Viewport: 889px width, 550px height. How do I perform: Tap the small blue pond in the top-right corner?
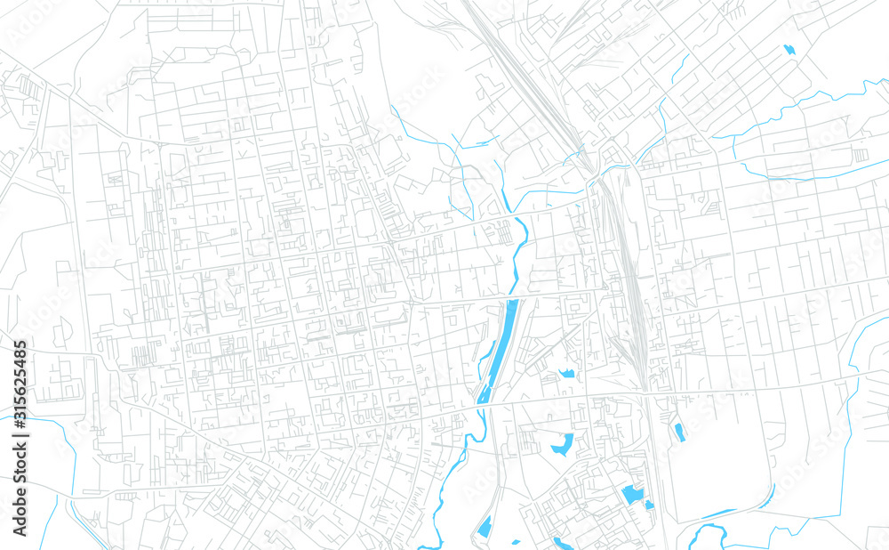pos(788,49)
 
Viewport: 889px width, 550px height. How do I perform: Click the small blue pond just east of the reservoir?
pos(566,374)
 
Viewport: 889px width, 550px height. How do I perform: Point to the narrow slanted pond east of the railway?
pos(679,433)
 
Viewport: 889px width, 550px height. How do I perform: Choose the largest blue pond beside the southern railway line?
pos(632,494)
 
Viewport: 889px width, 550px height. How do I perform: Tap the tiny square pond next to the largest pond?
pos(649,505)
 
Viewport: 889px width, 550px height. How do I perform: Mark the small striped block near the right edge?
pos(860,155)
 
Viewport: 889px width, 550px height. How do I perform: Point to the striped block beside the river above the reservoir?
pos(504,232)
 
